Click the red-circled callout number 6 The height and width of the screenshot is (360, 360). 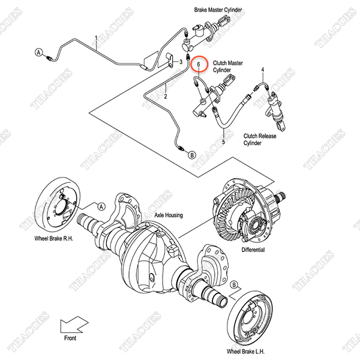[199, 64]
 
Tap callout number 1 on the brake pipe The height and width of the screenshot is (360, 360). [96, 38]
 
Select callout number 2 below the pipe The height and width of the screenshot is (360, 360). [166, 97]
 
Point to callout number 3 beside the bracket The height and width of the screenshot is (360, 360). [181, 62]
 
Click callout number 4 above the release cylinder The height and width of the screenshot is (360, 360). [263, 69]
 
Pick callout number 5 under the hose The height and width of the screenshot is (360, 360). [223, 142]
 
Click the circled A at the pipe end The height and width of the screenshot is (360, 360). [39, 52]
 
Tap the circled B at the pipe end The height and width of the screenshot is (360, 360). [192, 155]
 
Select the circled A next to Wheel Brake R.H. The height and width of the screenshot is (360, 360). [101, 206]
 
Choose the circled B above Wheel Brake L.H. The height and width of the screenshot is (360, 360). [234, 285]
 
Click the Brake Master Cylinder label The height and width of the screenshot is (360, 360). [218, 10]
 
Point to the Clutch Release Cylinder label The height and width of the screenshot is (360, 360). [260, 139]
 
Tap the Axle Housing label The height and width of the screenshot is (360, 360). [169, 215]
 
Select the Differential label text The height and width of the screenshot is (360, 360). [253, 250]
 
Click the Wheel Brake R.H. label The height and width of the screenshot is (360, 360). [54, 239]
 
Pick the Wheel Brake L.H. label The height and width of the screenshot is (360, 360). [245, 352]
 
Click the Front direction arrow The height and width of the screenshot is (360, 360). [74, 325]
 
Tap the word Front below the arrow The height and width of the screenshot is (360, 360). [70, 338]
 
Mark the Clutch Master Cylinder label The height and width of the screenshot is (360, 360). [227, 67]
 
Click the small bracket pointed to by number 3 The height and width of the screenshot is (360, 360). [170, 60]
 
